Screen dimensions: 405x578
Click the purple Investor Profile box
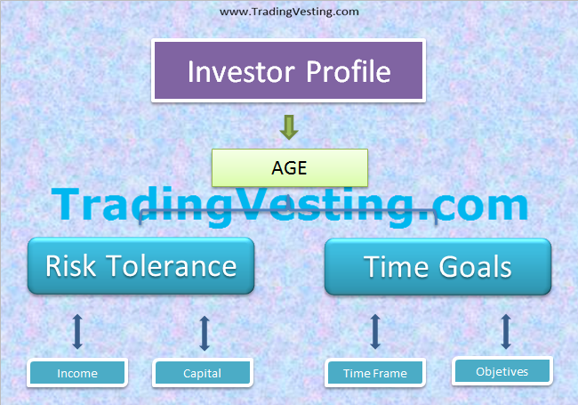coord(289,71)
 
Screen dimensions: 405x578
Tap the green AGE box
coord(289,167)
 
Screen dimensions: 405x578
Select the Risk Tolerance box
coord(141,265)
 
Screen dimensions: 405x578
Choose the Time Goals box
coord(438,265)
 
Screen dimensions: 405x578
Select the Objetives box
coord(502,371)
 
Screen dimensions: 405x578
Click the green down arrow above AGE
coord(288,127)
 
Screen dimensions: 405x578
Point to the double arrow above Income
coord(77,331)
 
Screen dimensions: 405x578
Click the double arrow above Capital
coord(205,332)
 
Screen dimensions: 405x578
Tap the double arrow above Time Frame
coord(374,332)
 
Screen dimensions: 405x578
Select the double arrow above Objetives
coord(505,331)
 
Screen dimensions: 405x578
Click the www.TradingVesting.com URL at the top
coord(289,12)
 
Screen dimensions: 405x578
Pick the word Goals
coord(479,265)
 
